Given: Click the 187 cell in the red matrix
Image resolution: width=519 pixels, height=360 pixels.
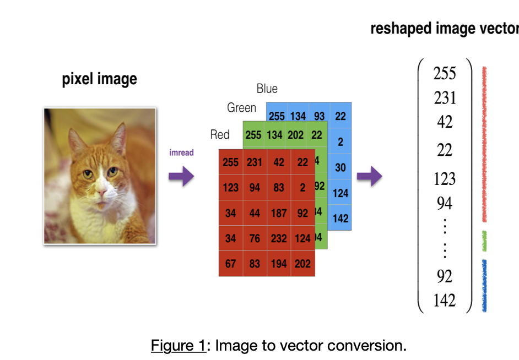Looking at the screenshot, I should (279, 213).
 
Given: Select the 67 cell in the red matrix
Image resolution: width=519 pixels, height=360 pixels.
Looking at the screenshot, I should (230, 264).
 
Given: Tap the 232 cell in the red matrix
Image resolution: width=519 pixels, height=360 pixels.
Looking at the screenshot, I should (279, 238).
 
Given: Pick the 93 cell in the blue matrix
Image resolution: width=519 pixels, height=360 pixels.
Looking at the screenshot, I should (319, 117).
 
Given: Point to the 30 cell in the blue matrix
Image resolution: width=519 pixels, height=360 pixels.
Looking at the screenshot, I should (340, 167).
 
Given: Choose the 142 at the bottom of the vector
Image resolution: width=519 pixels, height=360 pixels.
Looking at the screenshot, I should (445, 301).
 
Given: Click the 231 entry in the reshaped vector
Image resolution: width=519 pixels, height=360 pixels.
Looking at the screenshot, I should (445, 98).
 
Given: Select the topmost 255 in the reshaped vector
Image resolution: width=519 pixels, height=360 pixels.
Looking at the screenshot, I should (445, 73).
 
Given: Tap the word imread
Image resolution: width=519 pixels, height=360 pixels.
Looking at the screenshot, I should (181, 152).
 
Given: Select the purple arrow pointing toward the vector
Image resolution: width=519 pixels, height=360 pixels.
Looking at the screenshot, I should (369, 177).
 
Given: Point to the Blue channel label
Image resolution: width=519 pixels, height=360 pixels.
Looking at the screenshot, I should (267, 89).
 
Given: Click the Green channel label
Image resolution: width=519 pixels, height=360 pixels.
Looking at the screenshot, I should (241, 108).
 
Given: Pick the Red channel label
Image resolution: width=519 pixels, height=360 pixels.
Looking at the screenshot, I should (220, 135).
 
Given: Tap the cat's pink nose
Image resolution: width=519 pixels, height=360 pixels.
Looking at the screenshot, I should (102, 193).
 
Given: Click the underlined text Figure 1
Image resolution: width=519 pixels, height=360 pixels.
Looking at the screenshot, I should (180, 346).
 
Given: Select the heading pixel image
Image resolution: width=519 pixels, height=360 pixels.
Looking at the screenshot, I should (99, 79).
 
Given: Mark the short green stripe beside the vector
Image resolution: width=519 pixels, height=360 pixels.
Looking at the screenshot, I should (484, 241).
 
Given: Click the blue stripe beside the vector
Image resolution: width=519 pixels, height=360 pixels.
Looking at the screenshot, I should (484, 285).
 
